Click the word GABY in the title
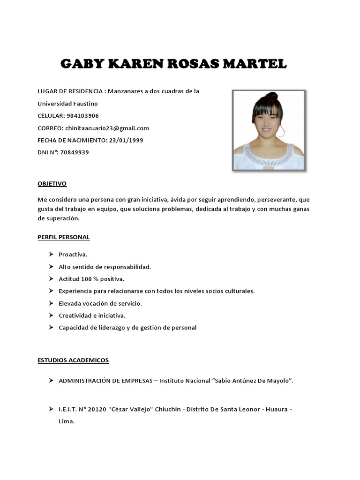tap(82, 64)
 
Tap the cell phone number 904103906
tap(82, 116)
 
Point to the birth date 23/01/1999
tap(126, 140)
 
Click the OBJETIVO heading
tap(52, 183)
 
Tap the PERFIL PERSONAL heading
tap(63, 237)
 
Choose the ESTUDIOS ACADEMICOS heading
tap(73, 360)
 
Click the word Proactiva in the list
tap(73, 255)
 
